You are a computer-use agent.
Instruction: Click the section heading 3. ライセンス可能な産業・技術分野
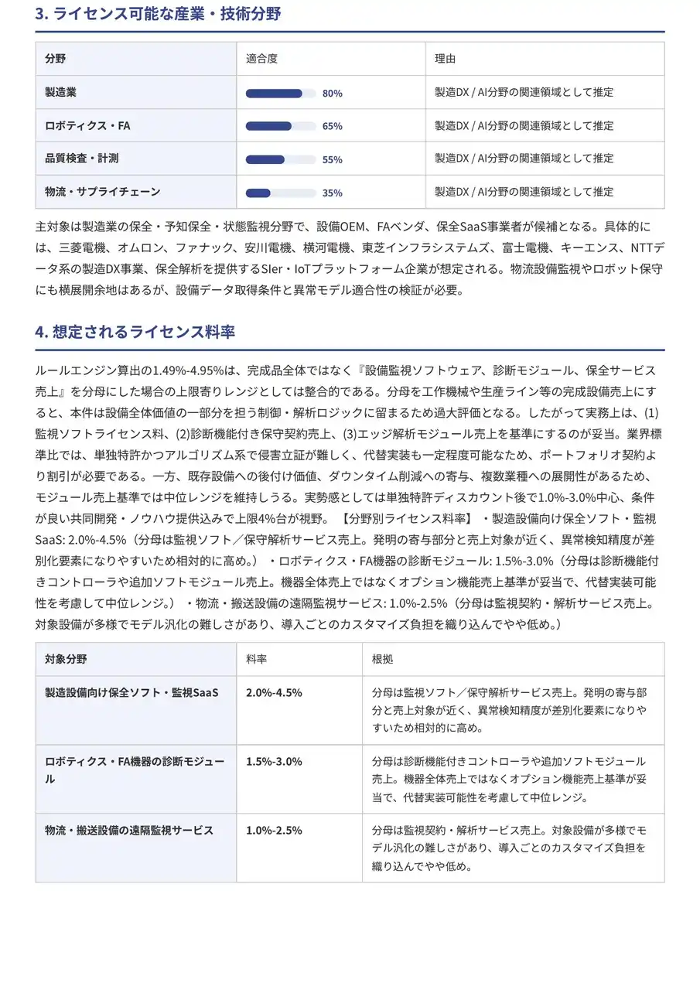pyautogui.click(x=159, y=13)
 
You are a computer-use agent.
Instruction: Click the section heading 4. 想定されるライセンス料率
pyautogui.click(x=135, y=332)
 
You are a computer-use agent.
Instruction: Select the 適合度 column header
pyautogui.click(x=261, y=59)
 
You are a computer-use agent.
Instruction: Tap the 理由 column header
pyautogui.click(x=445, y=59)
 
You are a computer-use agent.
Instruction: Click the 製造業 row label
pyautogui.click(x=61, y=92)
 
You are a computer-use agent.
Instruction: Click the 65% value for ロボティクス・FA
pyautogui.click(x=333, y=126)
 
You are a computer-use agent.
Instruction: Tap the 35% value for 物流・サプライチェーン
pyautogui.click(x=333, y=193)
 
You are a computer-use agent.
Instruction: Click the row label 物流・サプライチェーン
pyautogui.click(x=103, y=191)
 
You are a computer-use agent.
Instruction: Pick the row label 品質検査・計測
pyautogui.click(x=82, y=158)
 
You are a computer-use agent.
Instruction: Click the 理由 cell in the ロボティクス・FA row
pyautogui.click(x=524, y=125)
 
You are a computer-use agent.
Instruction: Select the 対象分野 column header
pyautogui.click(x=66, y=660)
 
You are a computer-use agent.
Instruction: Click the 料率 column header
pyautogui.click(x=257, y=660)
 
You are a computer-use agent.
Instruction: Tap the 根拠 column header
pyautogui.click(x=382, y=660)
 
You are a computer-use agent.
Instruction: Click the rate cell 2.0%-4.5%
pyautogui.click(x=274, y=692)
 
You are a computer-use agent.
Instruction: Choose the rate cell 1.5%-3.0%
pyautogui.click(x=274, y=762)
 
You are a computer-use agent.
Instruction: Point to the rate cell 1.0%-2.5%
pyautogui.click(x=274, y=831)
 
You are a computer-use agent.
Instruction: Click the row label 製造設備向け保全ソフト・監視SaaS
pyautogui.click(x=131, y=692)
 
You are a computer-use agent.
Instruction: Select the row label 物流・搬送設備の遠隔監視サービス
pyautogui.click(x=129, y=831)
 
